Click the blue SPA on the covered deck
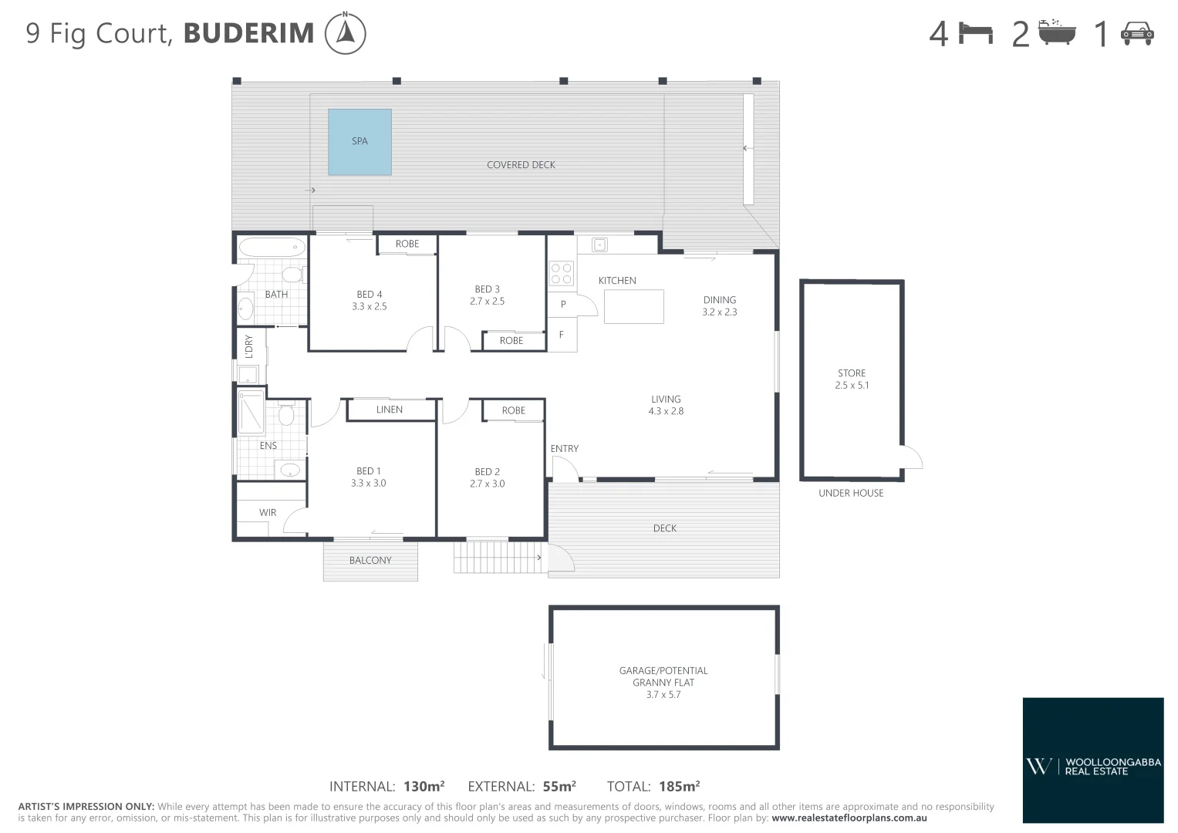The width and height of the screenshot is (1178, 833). pos(359,142)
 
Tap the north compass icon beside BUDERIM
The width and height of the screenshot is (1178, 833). pos(345,34)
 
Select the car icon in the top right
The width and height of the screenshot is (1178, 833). pos(1136,33)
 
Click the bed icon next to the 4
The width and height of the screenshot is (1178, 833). pos(975,33)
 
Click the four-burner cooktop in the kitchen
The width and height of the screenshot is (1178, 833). pos(561,274)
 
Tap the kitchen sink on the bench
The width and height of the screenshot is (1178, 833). pos(599,245)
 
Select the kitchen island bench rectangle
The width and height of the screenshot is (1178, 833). pos(633,306)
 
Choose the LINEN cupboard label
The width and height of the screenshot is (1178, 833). pos(390,410)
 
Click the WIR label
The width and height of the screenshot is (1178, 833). pos(268,512)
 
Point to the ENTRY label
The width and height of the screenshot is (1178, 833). pos(564,449)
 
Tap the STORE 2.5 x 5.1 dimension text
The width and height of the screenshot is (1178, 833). pos(852,385)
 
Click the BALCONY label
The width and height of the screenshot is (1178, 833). pos(370,561)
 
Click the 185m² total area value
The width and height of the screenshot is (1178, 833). pos(679,787)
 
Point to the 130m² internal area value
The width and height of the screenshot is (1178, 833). pos(424,787)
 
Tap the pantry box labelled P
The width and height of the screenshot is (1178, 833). pos(563,304)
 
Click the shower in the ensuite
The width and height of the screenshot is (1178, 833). pos(251,413)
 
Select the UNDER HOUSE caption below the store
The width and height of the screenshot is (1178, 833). pos(851,493)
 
